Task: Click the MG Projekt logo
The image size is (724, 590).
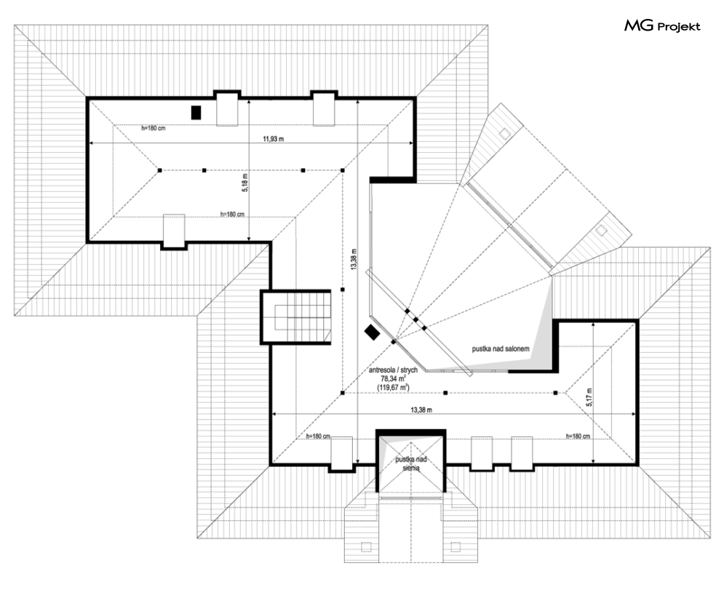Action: [x=661, y=27]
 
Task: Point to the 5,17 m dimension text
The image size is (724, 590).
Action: [x=590, y=396]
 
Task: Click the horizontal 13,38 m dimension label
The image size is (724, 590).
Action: [x=422, y=410]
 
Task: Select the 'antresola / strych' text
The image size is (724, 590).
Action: [x=393, y=370]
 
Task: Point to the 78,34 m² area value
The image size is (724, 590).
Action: [x=393, y=378]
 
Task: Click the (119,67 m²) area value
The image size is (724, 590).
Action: [x=393, y=387]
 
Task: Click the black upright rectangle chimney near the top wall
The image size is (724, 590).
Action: [x=196, y=112]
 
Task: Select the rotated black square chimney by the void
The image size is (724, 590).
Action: [x=372, y=332]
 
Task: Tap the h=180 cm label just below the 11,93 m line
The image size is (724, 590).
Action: [x=154, y=128]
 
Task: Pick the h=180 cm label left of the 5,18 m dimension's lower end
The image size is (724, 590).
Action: [x=231, y=215]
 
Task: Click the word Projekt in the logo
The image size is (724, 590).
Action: [x=678, y=27]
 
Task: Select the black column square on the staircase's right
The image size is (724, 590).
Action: [x=342, y=290]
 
